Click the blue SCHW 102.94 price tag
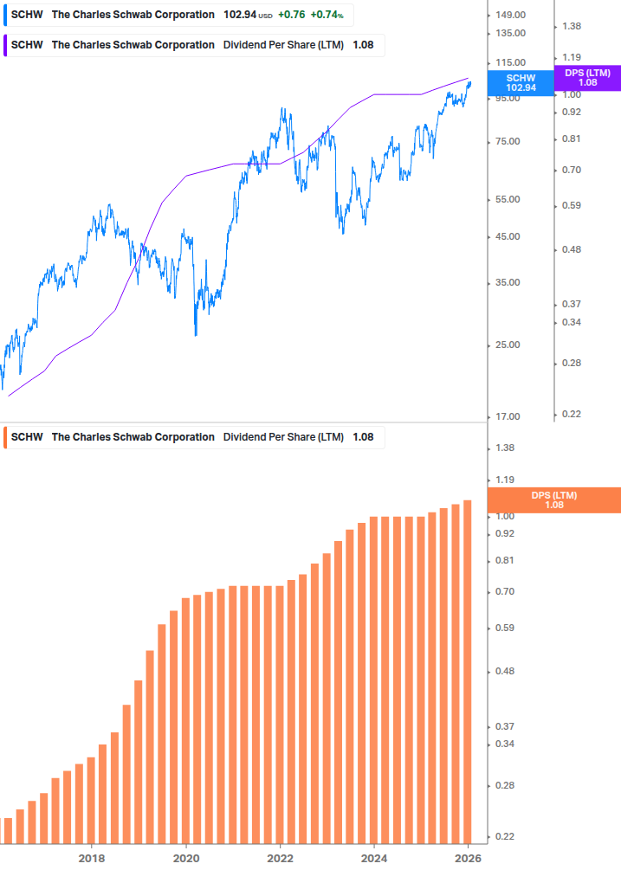tap(521, 82)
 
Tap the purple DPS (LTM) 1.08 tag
tap(587, 78)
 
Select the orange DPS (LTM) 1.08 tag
tap(553, 499)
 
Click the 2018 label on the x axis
tap(92, 858)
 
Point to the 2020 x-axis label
tap(186, 858)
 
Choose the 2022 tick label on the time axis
tap(281, 858)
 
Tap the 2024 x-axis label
tap(374, 858)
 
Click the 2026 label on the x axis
tap(468, 858)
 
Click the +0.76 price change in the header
tap(291, 15)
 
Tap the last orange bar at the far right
tap(468, 671)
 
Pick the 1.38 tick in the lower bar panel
tap(503, 448)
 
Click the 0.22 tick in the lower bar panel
tap(503, 837)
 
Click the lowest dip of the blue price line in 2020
tap(195, 335)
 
